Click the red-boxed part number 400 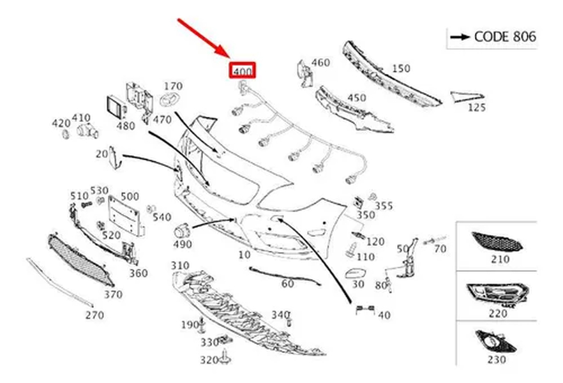point(243,71)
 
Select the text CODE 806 point(505,36)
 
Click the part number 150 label point(401,68)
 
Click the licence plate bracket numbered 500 point(126,216)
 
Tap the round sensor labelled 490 point(182,232)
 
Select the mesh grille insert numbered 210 point(497,241)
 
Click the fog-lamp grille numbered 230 point(495,342)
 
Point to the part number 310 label point(180,266)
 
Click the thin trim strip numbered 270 point(59,282)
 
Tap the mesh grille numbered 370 point(80,260)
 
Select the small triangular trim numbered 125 point(467,97)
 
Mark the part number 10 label point(244,255)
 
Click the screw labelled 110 point(352,250)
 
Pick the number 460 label point(320,63)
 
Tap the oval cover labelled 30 point(356,274)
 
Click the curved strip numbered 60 point(285,276)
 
